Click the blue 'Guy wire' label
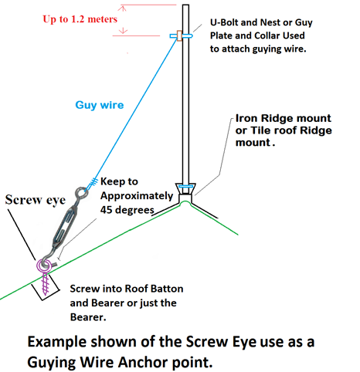pos(100,105)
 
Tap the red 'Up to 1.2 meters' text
pos(80,19)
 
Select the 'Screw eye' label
pos(36,200)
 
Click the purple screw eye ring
pos(44,265)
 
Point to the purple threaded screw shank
pos(46,284)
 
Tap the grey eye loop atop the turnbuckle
pos(81,193)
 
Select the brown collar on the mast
pos(179,36)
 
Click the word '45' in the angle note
pos(106,210)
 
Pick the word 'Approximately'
pos(137,196)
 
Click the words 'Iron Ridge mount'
pos(283,118)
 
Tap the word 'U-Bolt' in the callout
pos(220,22)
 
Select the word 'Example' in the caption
pos(57,343)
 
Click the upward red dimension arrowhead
pos(123,8)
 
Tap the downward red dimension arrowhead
pos(123,31)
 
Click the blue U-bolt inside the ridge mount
pos(185,186)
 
